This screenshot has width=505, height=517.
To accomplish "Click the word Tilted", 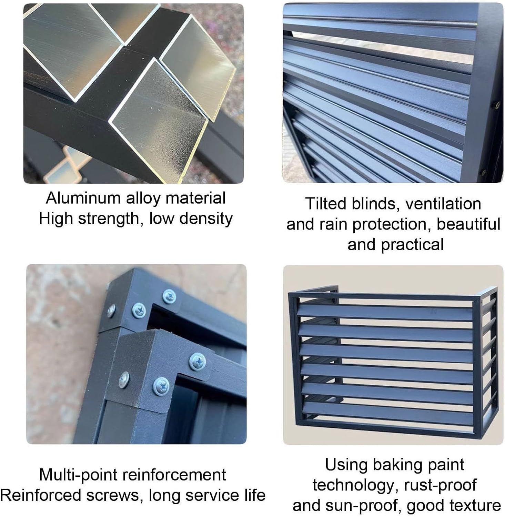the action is point(326,204).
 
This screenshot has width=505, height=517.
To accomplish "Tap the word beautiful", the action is point(468,224).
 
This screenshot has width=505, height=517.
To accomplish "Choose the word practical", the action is point(412,245).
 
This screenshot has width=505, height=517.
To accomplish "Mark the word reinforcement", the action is point(174,475).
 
